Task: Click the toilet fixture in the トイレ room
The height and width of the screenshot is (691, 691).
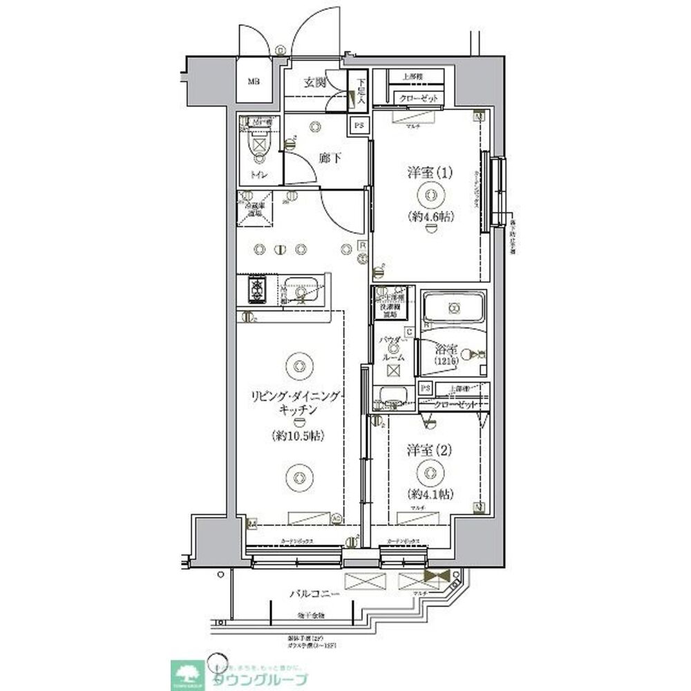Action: click(257, 146)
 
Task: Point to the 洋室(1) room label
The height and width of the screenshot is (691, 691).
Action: click(430, 173)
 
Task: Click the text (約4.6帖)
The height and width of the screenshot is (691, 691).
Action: click(430, 216)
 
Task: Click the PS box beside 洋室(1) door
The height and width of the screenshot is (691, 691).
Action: click(358, 126)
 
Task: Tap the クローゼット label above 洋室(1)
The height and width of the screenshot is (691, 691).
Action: click(419, 99)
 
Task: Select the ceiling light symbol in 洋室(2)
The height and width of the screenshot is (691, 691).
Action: click(430, 472)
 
